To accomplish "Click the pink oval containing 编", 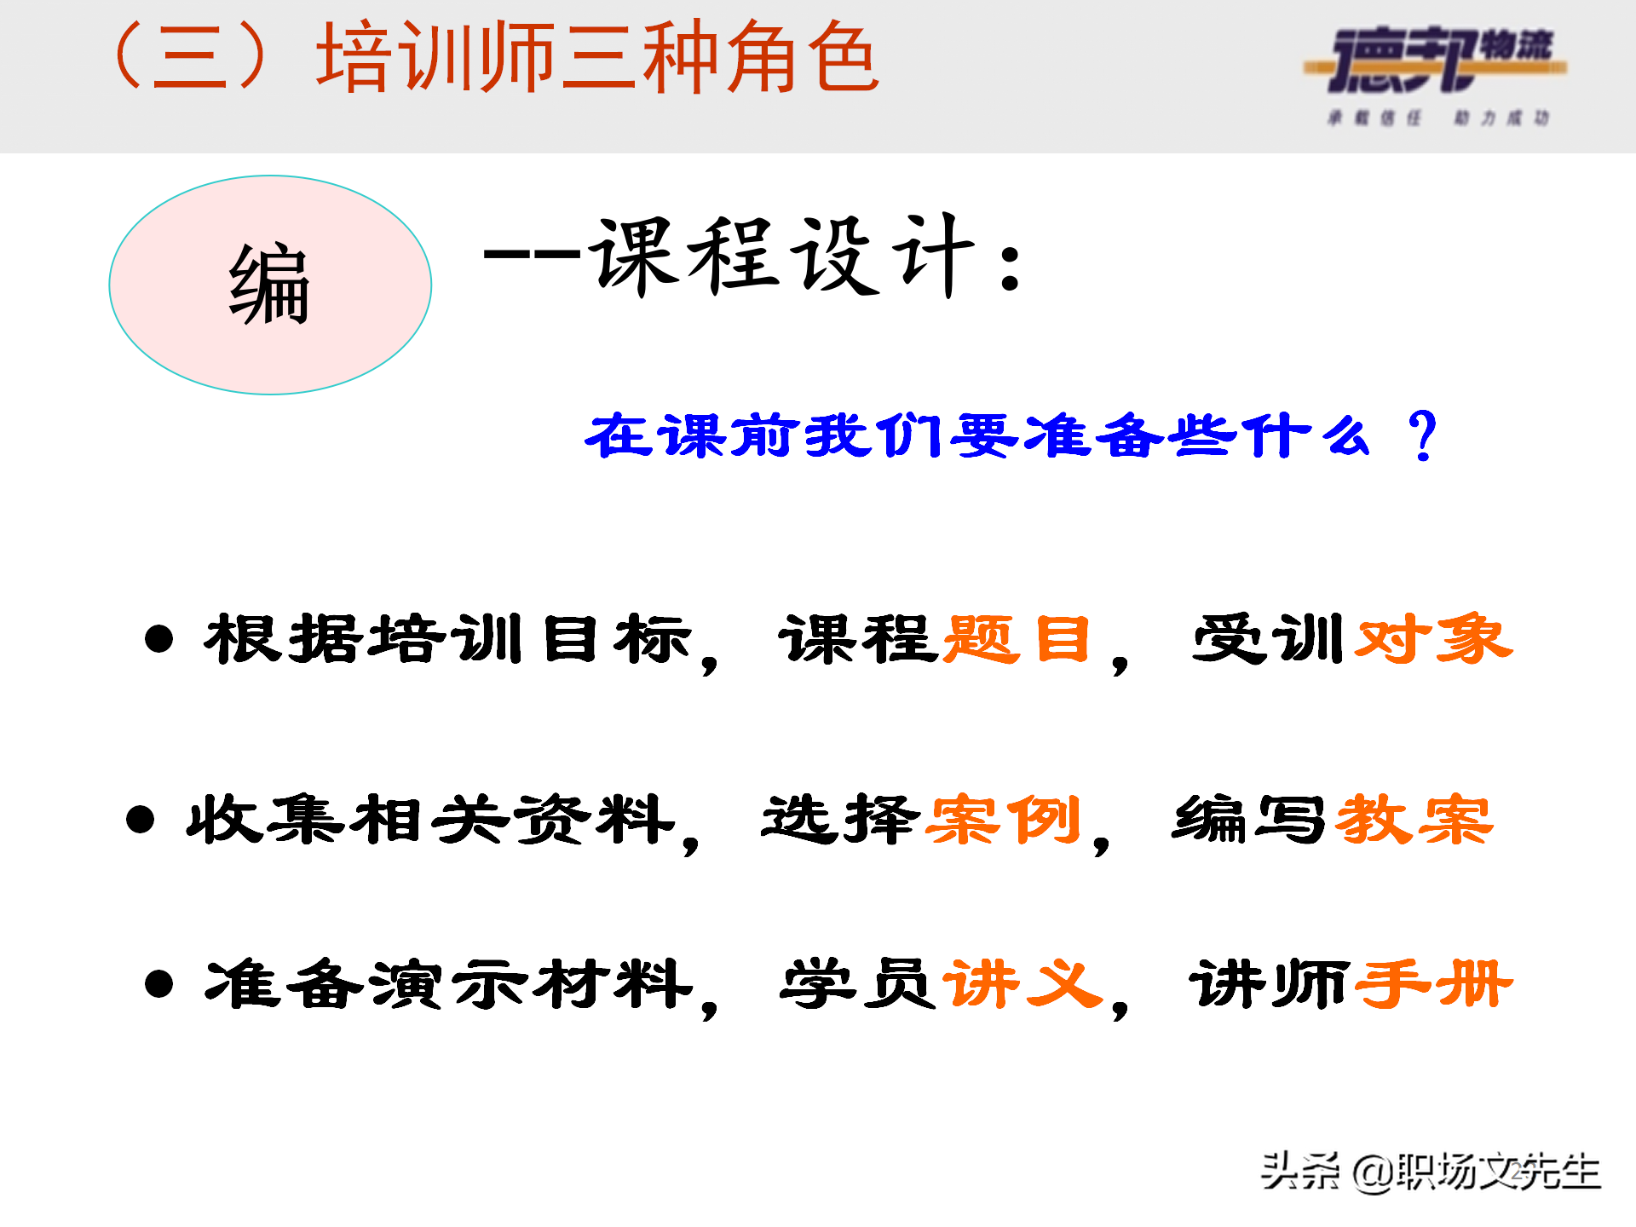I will point(270,285).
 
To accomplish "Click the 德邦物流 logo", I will point(1437,60).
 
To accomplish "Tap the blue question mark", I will point(1422,435).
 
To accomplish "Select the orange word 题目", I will point(1017,639).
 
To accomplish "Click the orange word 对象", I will point(1433,639).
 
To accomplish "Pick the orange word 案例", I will point(1005,821).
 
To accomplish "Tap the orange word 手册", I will point(1433,984).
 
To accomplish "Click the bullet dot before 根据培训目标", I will point(159,639).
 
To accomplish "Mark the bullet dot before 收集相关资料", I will point(140,820).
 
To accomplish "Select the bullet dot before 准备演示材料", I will point(159,984).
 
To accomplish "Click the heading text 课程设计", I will point(784,256).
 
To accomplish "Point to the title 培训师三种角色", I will point(596,58).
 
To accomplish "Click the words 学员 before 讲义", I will point(857,984).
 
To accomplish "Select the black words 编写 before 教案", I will point(1249,821).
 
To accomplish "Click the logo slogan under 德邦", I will point(1438,118).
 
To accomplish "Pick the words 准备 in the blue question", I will point(1092,435).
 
